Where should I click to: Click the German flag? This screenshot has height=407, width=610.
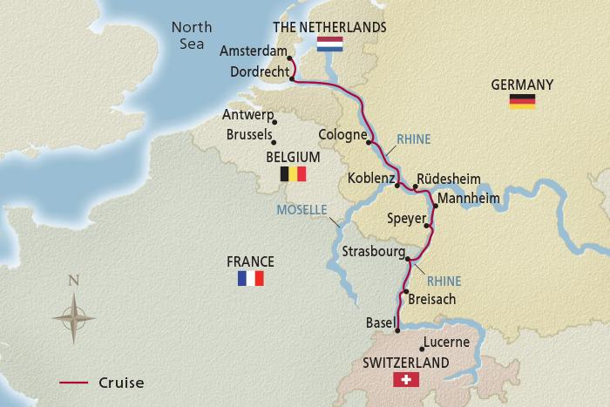[523, 102]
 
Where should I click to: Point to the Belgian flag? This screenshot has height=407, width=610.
[294, 174]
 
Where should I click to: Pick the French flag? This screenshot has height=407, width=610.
[250, 279]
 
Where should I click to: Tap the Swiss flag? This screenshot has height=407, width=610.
[406, 380]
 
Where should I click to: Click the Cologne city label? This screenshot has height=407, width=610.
[342, 135]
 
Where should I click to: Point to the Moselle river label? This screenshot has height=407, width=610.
[301, 210]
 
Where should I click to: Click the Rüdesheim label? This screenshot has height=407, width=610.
[448, 179]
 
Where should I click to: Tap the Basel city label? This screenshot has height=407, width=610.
[380, 322]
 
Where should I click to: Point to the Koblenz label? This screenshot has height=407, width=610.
[370, 179]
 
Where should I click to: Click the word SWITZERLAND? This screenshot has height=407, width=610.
[407, 363]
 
